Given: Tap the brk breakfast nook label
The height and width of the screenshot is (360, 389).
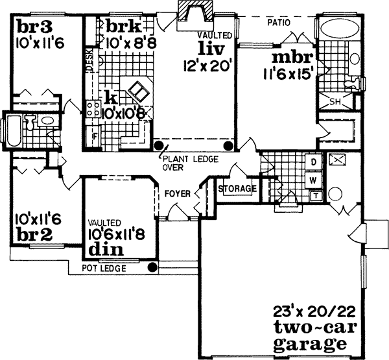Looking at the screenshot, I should tap(123, 27).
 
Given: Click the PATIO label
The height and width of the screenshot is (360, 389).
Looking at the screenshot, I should tap(278, 23).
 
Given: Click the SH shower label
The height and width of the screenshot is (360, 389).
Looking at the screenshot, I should tap(335, 101).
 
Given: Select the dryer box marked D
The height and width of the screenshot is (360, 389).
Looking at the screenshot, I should tap(312, 161).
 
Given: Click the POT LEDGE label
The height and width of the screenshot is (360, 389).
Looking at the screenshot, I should tap(104, 268).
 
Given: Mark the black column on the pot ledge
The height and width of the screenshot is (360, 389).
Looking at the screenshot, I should tap(152, 267).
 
